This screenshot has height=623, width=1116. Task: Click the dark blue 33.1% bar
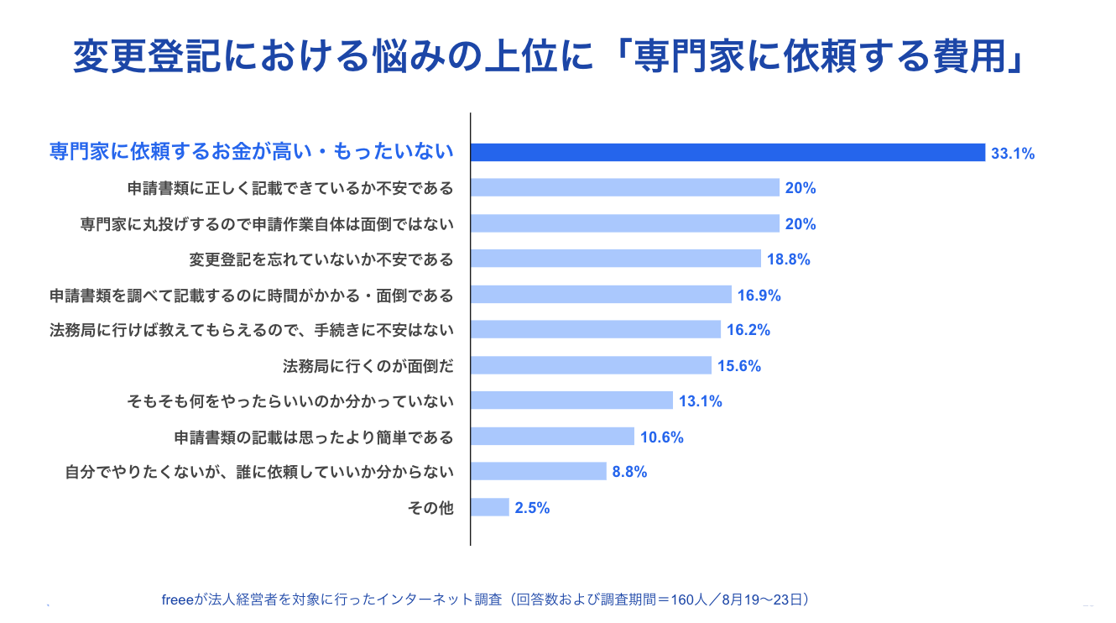click(727, 152)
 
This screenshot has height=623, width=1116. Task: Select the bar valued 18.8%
click(615, 259)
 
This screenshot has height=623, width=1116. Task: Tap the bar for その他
click(490, 507)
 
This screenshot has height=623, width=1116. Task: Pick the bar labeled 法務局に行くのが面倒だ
click(591, 365)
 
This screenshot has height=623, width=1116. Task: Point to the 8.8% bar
click(538, 471)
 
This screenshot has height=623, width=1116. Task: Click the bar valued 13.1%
click(571, 400)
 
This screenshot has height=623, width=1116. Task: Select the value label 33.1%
click(1013, 154)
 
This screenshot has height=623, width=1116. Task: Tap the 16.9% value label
click(759, 295)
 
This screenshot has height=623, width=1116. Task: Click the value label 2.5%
click(533, 508)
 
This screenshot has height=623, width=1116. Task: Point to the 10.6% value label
click(662, 437)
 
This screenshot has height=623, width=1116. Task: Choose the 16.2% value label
click(748, 330)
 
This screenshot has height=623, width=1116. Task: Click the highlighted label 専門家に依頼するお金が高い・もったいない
click(248, 152)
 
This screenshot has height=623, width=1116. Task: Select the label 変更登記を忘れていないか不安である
click(322, 259)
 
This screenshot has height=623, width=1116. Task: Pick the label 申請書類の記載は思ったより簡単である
click(314, 437)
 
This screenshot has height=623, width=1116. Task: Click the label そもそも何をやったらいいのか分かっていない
click(290, 401)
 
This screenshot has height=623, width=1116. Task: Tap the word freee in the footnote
click(178, 599)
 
